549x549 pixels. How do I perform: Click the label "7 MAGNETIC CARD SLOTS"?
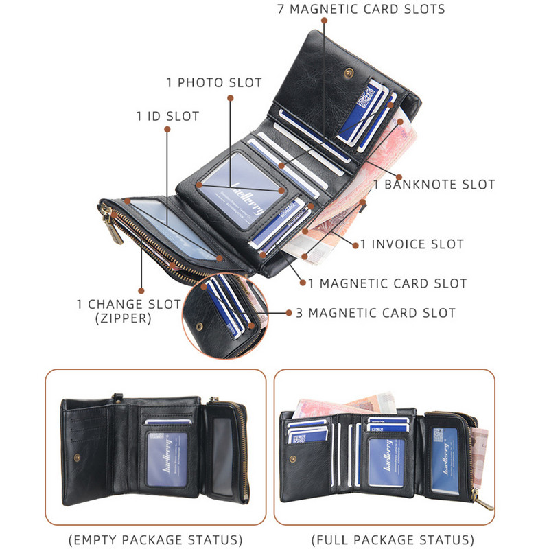coord(361,10)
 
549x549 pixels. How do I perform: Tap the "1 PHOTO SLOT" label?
coord(214,83)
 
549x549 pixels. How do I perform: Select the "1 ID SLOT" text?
coord(167,117)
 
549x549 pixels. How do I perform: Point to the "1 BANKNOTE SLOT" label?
coord(434,185)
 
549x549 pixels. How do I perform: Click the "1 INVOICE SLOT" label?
coord(412,244)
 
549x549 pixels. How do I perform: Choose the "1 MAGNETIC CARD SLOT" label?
coord(387,283)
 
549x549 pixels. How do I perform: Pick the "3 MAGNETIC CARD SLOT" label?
coord(375,313)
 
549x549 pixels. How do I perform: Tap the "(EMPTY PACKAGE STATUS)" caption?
coord(155,539)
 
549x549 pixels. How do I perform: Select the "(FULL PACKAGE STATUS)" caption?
coord(392,539)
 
